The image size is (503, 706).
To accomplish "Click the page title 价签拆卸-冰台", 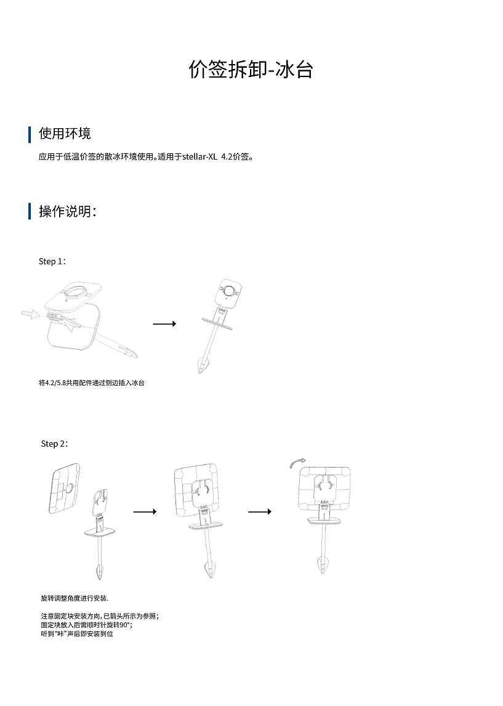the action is click(251, 70).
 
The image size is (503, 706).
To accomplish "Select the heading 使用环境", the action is click(65, 134).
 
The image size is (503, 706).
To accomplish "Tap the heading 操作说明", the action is click(66, 211).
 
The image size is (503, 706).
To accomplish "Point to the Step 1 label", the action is click(52, 261).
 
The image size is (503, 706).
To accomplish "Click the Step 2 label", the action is click(54, 444).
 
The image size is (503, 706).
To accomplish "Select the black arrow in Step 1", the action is click(164, 324).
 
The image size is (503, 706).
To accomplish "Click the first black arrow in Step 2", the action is click(145, 511).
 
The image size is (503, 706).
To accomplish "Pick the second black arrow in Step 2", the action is click(259, 511).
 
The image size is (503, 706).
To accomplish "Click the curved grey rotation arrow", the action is click(298, 463).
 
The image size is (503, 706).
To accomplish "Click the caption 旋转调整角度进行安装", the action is click(74, 598).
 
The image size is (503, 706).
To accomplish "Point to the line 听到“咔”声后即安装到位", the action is click(77, 633).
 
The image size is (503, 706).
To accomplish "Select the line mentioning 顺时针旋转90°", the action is click(86, 624).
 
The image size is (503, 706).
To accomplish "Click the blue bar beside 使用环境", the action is click(30, 134).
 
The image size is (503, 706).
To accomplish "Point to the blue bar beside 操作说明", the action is click(30, 211).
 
